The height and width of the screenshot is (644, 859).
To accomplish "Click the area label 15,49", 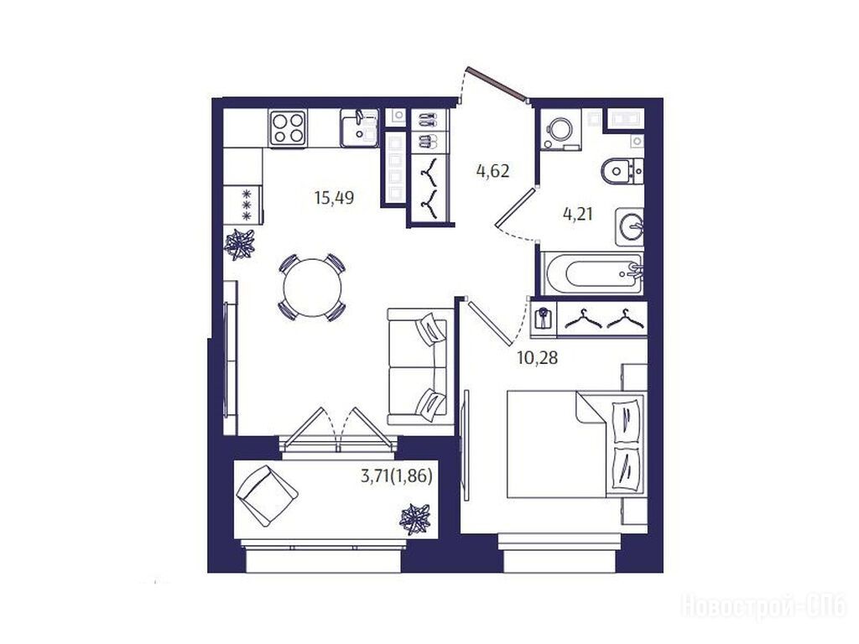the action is [x=334, y=197].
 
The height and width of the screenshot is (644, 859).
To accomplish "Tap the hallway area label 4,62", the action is [x=493, y=171].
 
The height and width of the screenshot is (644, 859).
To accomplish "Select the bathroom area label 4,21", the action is [x=578, y=213].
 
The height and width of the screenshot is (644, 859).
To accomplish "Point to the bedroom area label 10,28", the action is [x=538, y=358].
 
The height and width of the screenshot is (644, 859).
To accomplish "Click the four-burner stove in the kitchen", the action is [x=288, y=127].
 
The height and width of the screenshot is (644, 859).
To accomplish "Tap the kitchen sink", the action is [x=359, y=127].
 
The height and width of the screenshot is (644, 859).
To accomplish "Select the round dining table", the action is [x=312, y=287].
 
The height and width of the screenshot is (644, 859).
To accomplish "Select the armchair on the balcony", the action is [x=267, y=496].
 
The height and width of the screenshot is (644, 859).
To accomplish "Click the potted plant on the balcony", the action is [x=416, y=518].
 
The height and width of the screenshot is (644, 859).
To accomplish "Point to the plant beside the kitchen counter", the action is [x=239, y=244].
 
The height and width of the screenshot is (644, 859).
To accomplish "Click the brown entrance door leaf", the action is [x=497, y=84].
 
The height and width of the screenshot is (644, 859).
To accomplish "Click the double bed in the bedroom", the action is [x=575, y=444].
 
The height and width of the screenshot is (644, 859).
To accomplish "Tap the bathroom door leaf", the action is [x=514, y=206].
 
